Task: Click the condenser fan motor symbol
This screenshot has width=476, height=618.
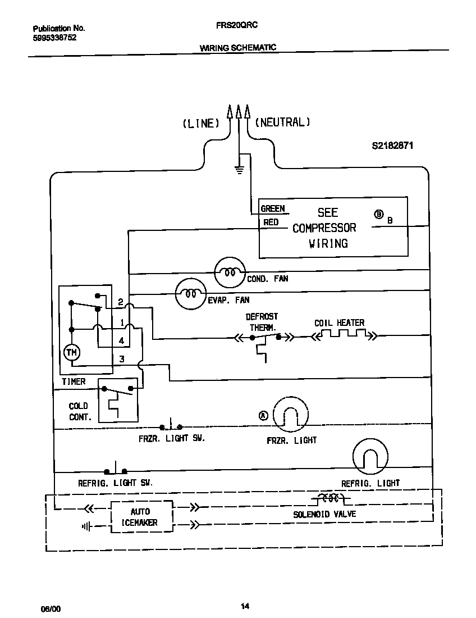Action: pos(230,272)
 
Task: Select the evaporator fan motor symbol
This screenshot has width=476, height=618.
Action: pos(191,293)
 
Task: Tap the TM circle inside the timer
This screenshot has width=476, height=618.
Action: pos(71,352)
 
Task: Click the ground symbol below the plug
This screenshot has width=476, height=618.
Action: pos(239,170)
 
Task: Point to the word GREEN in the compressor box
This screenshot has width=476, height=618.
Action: pos(273,209)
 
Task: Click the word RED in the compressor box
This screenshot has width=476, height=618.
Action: pos(271,222)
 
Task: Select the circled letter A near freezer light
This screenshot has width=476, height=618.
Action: pos(263,415)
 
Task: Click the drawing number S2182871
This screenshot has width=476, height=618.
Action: pos(392,145)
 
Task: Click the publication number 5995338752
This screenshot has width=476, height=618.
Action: pos(54,38)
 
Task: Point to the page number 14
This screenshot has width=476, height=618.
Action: pos(245,606)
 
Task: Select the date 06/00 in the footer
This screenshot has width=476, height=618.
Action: pos(49,609)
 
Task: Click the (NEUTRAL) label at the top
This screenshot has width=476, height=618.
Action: pos(282,122)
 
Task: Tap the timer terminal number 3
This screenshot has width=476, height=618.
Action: pos(121,359)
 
